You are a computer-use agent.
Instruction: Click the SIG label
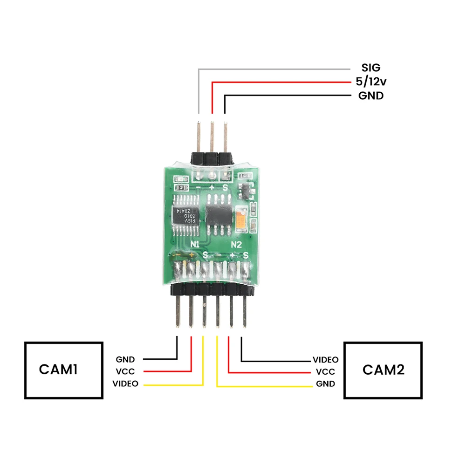(371, 69)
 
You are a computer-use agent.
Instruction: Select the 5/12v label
(371, 82)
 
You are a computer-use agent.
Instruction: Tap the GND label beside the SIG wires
(371, 96)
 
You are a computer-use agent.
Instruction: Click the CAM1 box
(64, 370)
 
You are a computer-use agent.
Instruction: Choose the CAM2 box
(383, 370)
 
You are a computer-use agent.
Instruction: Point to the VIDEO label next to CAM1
(125, 384)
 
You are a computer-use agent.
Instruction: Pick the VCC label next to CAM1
(125, 372)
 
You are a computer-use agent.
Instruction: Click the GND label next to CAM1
(125, 360)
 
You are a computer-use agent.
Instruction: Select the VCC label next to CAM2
(325, 372)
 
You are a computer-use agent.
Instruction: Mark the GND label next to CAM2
(325, 384)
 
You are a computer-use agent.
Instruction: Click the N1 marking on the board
(195, 244)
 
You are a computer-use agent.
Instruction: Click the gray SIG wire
(275, 69)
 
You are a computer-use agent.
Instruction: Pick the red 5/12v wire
(280, 82)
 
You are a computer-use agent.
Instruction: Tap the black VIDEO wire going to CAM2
(275, 360)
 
